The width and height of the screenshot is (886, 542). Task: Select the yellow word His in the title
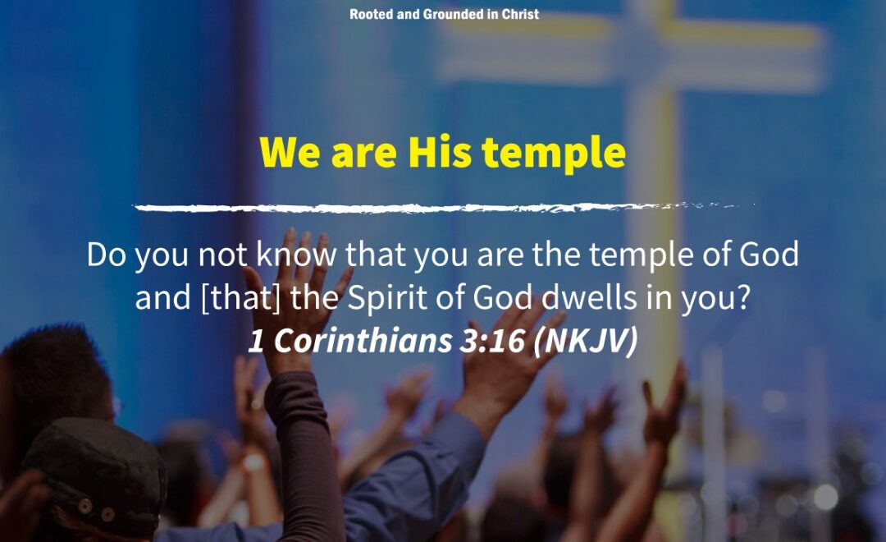440,152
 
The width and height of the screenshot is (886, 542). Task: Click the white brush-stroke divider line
444,208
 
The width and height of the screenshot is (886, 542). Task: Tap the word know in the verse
296,254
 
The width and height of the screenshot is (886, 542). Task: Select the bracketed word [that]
240,297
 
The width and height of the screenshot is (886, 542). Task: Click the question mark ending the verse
742,297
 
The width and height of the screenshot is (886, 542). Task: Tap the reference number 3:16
492,341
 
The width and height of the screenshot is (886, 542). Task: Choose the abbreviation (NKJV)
586,341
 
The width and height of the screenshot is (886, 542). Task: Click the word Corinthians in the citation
363,341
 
